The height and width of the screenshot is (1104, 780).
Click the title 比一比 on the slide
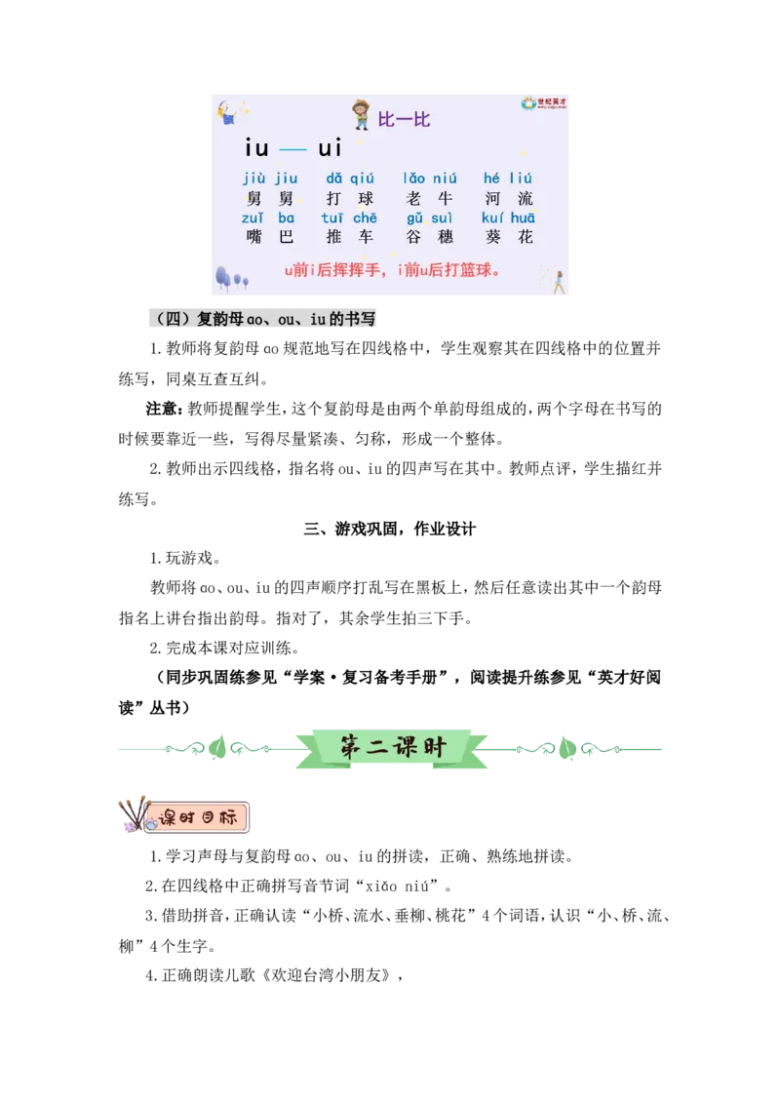click(404, 120)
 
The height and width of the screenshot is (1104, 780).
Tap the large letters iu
click(256, 148)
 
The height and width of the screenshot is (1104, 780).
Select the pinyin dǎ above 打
click(334, 178)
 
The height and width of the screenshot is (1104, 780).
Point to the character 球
click(366, 198)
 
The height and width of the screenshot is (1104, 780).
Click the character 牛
click(446, 198)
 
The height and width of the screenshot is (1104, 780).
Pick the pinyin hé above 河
click(491, 178)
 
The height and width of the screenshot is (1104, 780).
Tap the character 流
click(526, 198)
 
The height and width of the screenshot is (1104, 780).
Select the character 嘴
click(254, 237)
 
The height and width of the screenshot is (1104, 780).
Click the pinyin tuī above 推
click(332, 217)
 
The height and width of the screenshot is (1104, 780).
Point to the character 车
click(366, 237)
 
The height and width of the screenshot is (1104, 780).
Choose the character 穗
click(446, 237)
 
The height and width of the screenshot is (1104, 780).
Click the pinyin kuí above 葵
click(492, 217)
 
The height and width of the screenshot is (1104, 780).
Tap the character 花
click(526, 237)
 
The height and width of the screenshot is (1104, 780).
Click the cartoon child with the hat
click(361, 114)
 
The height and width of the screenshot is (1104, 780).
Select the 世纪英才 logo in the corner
click(543, 103)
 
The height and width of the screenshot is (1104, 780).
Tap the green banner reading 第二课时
click(391, 748)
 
